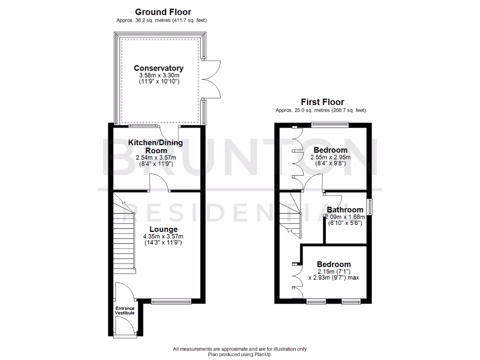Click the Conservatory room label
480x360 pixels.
tap(158, 68)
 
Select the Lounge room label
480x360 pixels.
tap(163, 229)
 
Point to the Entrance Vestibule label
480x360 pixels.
tap(125, 310)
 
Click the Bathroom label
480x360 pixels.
tap(345, 210)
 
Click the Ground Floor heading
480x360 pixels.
tap(163, 12)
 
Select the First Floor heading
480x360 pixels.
tap(322, 102)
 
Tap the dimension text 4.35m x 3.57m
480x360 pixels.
tap(163, 237)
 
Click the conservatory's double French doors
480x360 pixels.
tap(210, 80)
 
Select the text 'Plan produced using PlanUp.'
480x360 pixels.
tap(240, 355)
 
